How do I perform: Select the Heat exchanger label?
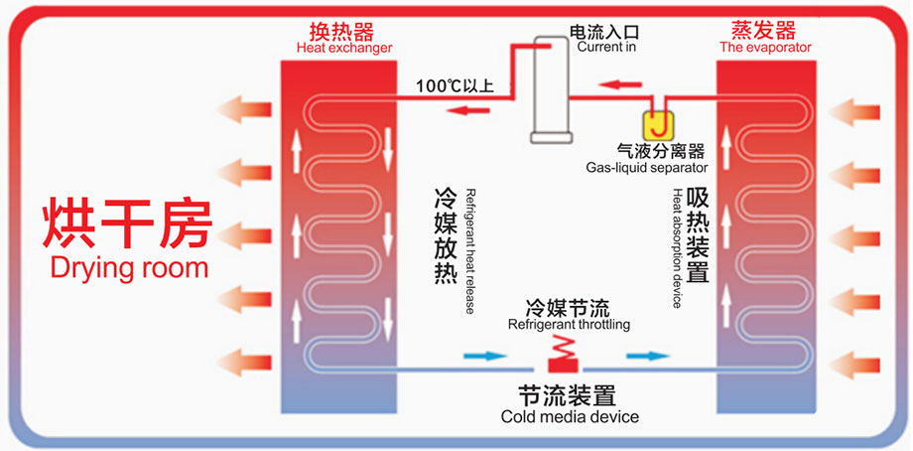coord(344,47)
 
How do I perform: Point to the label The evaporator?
coord(765,47)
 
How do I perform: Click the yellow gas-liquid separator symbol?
coord(658,124)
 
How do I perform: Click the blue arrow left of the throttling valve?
coord(483,355)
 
